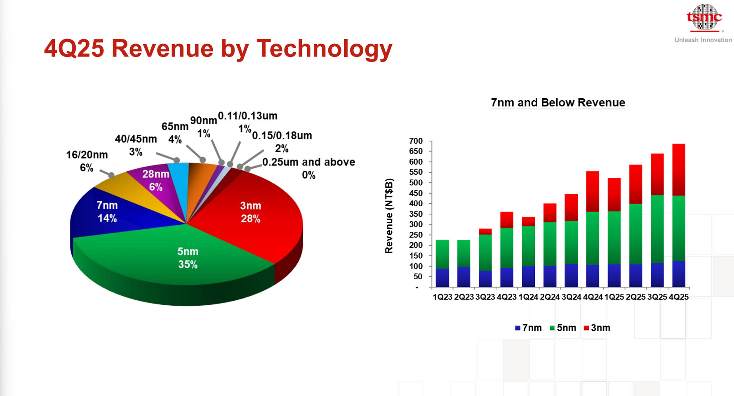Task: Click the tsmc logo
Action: point(704,18)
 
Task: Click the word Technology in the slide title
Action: point(324,49)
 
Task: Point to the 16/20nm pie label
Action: point(87,161)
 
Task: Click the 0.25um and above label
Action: point(308,162)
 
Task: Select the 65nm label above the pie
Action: point(175,127)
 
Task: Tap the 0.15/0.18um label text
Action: point(282,136)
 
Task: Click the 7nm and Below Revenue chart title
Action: point(558,103)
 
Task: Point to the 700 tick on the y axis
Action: point(416,141)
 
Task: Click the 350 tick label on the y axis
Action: point(416,214)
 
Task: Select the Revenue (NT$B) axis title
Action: point(389,215)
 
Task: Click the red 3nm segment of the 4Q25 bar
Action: point(678,170)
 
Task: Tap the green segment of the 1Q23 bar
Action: point(442,254)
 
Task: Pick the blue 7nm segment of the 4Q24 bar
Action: point(593,276)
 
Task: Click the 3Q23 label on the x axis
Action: point(485,297)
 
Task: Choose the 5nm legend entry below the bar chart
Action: point(563,328)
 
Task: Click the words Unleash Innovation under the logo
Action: point(703,40)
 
